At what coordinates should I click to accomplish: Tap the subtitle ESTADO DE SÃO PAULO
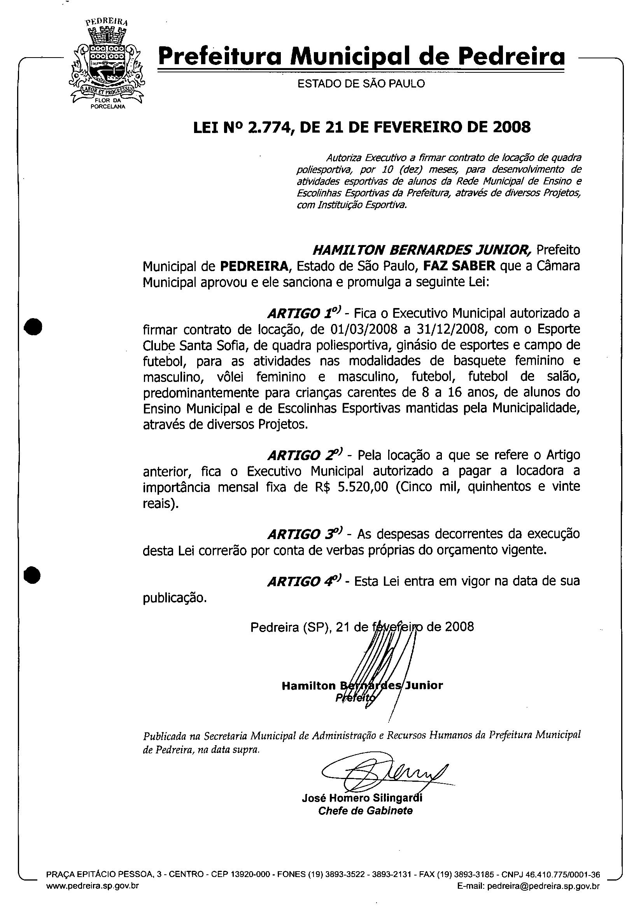coord(361,83)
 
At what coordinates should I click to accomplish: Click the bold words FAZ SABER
coord(459,266)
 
